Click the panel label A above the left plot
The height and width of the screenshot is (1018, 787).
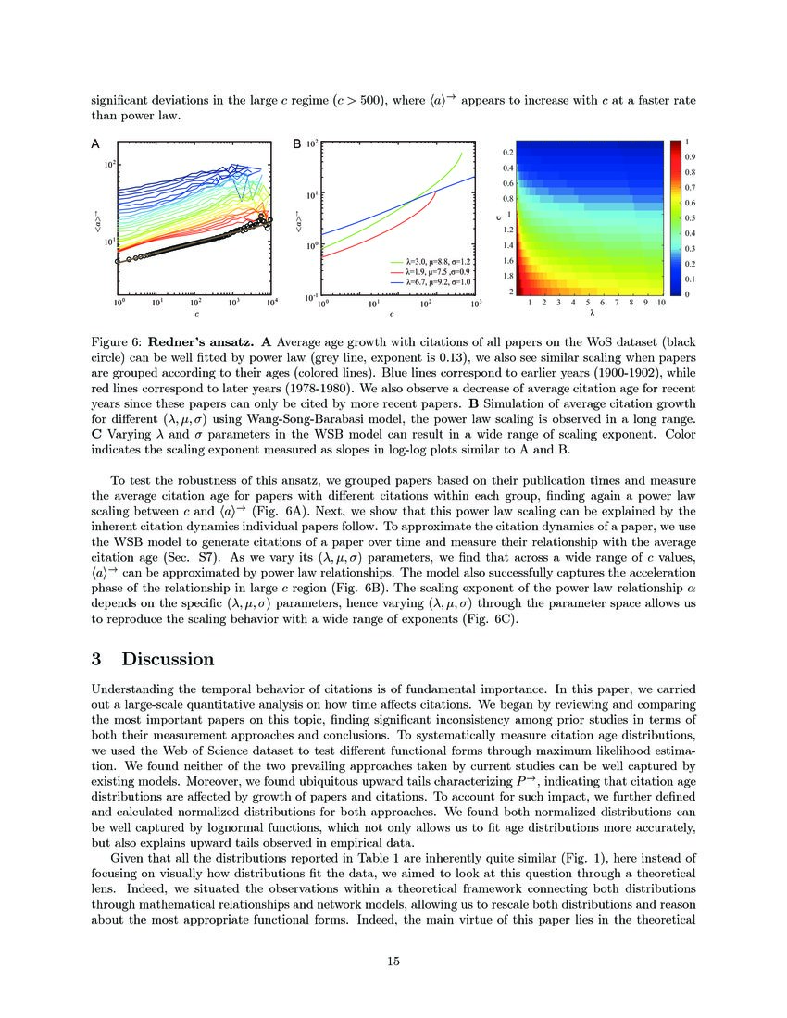[x=94, y=143]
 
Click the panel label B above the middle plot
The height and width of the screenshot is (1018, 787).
[x=296, y=143]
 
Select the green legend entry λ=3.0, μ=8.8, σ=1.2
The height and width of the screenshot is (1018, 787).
[x=432, y=262]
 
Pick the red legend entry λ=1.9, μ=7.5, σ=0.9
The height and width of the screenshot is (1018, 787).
[x=432, y=271]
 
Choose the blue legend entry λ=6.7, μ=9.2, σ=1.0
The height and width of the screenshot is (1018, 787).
[x=432, y=280]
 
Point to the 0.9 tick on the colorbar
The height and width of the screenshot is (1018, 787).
[x=690, y=157]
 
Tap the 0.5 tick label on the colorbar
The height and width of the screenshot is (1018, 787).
[x=690, y=217]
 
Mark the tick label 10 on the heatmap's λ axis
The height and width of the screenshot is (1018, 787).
[x=660, y=303]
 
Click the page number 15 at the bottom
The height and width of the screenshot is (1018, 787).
[x=393, y=962]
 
